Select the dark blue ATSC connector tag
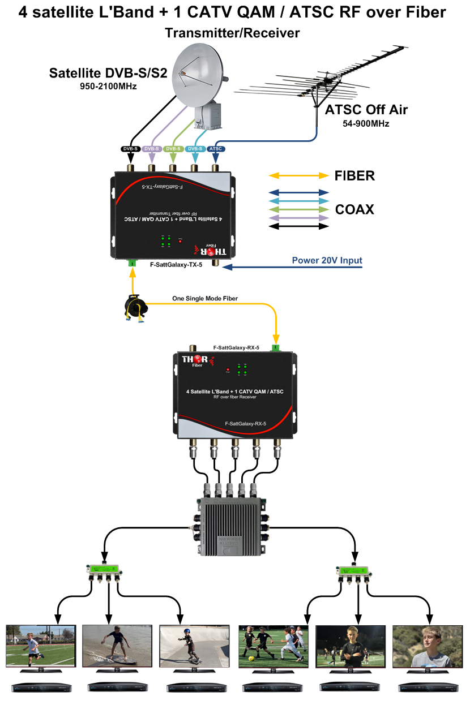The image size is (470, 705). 215,149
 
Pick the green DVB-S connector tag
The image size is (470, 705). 173,149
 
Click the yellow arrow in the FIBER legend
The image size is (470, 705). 299,176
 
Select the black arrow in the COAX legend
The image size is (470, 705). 299,226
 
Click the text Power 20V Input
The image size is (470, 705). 327,261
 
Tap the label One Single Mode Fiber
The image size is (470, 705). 205,298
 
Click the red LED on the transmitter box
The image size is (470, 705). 181,240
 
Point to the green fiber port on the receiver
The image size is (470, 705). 275,347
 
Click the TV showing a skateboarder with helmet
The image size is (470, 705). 194,647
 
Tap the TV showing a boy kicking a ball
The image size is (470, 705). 40,647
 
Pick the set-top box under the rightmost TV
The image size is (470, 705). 428,687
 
